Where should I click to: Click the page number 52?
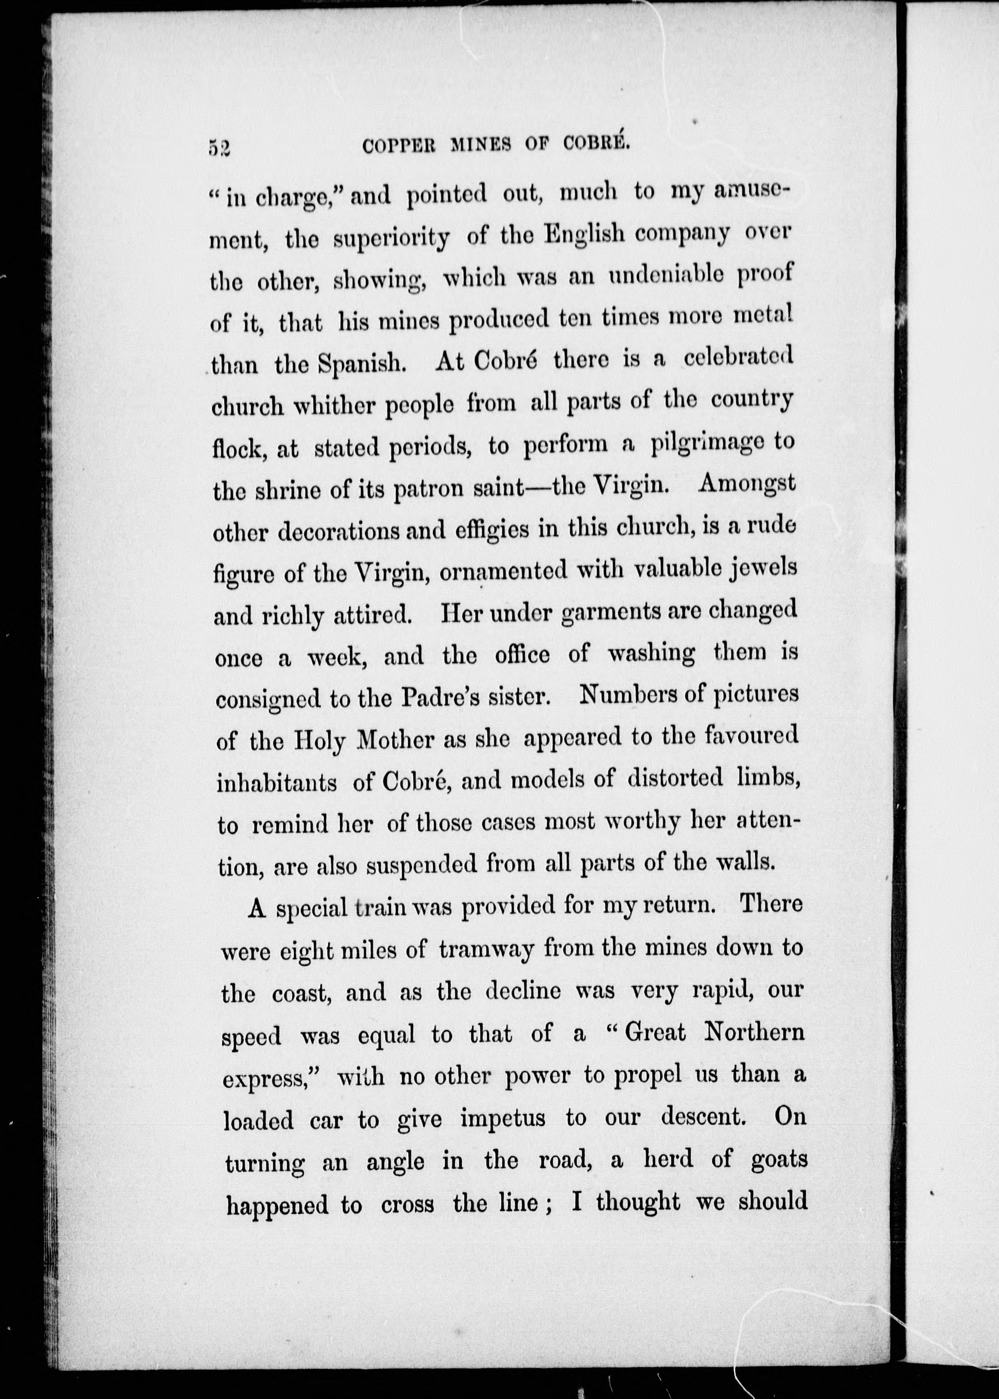click(219, 148)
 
